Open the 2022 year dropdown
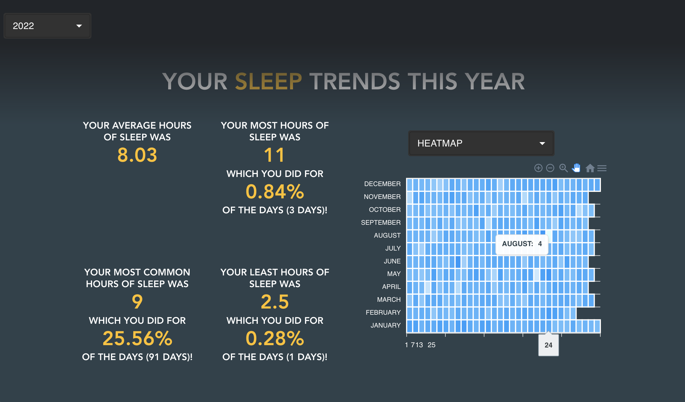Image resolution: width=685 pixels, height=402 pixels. [47, 26]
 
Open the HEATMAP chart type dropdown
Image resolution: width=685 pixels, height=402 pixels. [481, 143]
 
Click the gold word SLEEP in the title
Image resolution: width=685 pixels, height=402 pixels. [268, 81]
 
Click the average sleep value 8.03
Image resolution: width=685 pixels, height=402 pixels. [137, 155]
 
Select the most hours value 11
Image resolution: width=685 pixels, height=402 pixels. [275, 155]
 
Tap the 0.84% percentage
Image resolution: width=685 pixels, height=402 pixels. [275, 192]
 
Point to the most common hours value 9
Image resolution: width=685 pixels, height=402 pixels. [137, 302]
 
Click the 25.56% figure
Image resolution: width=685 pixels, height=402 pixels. [137, 338]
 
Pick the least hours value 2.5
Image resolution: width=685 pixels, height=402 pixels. [275, 302]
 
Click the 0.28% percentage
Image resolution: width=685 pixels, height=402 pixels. [275, 338]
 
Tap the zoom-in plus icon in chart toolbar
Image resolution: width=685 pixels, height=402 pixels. [538, 168]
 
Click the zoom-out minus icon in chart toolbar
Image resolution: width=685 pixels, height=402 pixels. [550, 168]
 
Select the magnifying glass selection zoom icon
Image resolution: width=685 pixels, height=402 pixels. [563, 168]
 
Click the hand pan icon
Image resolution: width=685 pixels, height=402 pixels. [576, 168]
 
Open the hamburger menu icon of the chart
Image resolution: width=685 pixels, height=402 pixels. [602, 168]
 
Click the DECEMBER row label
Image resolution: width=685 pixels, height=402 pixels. [382, 184]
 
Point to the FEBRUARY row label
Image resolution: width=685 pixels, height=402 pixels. [383, 312]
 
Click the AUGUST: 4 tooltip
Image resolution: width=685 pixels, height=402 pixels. [522, 244]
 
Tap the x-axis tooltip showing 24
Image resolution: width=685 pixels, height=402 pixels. [548, 345]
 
